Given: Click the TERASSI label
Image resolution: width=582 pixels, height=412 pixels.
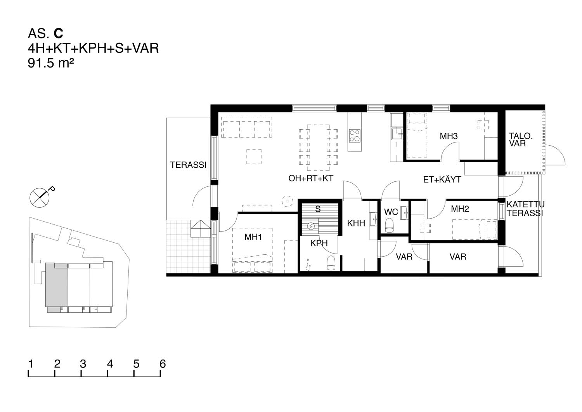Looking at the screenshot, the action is (x=188, y=165).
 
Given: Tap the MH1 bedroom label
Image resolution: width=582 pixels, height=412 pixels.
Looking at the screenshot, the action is (x=253, y=237).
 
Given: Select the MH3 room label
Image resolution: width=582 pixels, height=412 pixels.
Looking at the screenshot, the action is (x=449, y=136).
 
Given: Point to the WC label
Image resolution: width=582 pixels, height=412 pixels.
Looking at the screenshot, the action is (x=391, y=212).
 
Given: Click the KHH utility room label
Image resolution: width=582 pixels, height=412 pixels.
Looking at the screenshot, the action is (x=356, y=223).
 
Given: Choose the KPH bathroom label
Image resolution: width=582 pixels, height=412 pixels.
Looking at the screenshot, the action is (x=319, y=243).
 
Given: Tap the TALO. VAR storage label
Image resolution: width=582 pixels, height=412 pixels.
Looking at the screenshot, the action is (x=520, y=139).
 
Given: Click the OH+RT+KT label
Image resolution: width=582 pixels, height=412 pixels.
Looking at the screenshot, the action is (x=311, y=178).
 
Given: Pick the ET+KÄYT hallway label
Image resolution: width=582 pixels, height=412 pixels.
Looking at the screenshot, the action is (x=442, y=179).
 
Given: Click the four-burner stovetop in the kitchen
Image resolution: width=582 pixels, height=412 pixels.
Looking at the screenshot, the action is (x=355, y=136).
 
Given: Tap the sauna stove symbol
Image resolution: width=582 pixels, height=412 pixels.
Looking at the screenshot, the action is (x=310, y=226).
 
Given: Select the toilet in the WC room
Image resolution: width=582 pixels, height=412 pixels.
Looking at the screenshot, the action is (x=389, y=225).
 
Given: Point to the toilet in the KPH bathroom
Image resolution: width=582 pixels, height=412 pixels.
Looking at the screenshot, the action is (x=331, y=263).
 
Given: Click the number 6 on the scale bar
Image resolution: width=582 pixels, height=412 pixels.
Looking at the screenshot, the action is (x=163, y=363).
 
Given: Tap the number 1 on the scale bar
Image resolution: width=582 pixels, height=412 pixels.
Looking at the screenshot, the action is (x=31, y=363).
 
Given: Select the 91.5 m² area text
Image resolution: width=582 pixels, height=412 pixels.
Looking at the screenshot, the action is (x=51, y=63).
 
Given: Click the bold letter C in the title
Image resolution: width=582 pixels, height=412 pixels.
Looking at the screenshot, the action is (x=59, y=33).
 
